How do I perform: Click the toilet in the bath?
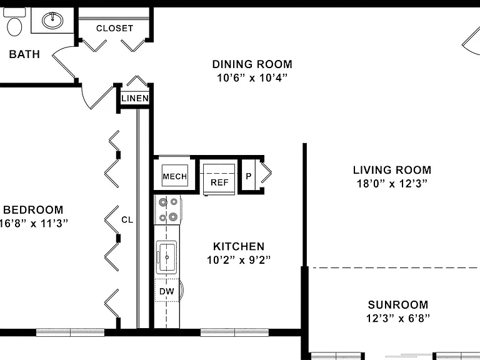click(x=14, y=22)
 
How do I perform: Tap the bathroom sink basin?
click(x=52, y=21)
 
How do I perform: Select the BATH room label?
click(x=24, y=54)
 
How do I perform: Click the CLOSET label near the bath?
click(x=114, y=29)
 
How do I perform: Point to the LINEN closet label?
click(x=135, y=98)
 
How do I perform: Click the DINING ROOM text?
click(x=252, y=64)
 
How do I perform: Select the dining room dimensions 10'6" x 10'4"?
click(x=252, y=78)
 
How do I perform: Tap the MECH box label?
click(x=175, y=177)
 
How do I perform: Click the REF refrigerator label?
click(x=219, y=182)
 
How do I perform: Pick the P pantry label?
click(x=249, y=176)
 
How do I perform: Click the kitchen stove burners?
click(x=168, y=210)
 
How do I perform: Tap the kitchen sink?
click(x=166, y=257)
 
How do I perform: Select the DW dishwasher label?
click(x=167, y=291)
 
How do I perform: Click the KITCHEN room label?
click(x=239, y=246)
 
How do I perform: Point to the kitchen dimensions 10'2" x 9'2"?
click(x=239, y=260)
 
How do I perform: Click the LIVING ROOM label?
click(x=392, y=170)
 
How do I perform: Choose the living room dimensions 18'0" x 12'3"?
click(x=392, y=184)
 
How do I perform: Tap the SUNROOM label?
click(x=398, y=305)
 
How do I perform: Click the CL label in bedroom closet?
click(x=127, y=220)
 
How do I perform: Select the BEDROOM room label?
click(x=33, y=210)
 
